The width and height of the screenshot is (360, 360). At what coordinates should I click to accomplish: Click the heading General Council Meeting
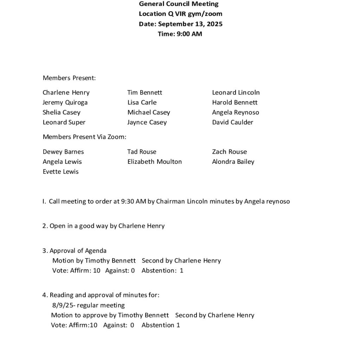pos(179,4)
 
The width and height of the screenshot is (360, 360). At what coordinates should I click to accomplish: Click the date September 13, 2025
pos(190,24)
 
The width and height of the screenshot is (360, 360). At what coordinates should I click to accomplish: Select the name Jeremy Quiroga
pos(65,103)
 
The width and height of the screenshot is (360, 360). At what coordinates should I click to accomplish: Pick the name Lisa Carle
pos(142,103)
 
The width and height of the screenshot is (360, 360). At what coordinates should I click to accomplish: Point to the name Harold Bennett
pos(234,103)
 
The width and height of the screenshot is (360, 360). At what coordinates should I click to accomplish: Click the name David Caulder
pos(232,122)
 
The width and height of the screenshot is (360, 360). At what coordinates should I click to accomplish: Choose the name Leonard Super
pos(64,122)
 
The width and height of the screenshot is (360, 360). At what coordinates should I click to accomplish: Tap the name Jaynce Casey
pos(147,122)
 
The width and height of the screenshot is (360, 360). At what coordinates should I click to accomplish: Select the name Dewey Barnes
pos(63,152)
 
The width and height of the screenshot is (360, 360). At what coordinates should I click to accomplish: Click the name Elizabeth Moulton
pos(155,162)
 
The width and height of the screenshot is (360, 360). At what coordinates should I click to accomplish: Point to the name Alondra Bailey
pos(233,162)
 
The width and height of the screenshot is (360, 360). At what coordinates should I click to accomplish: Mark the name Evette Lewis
pos(60,172)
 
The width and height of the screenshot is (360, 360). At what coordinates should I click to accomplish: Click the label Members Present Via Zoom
pos(84,137)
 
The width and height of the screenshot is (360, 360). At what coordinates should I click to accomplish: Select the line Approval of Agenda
pos(78,251)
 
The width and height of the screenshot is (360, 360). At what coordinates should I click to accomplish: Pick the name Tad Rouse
pos(142,152)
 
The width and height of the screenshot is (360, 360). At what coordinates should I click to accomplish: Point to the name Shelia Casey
pos(62,112)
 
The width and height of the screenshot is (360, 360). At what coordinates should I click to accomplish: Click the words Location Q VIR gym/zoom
pos(180,14)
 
